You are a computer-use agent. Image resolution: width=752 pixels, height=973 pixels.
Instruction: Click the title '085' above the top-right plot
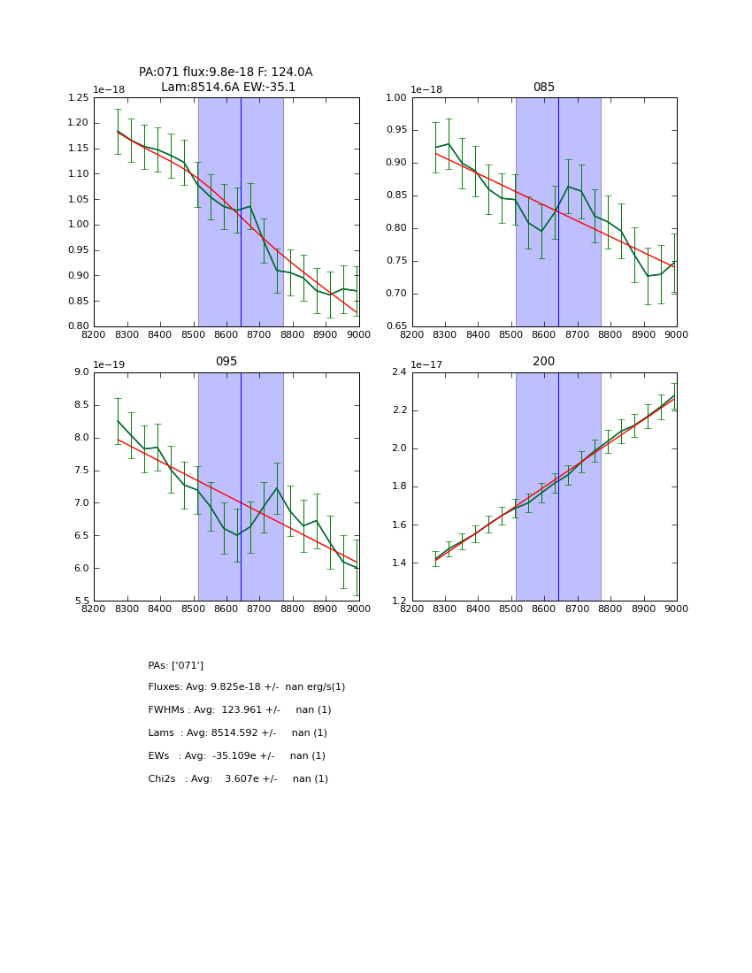pyautogui.click(x=543, y=88)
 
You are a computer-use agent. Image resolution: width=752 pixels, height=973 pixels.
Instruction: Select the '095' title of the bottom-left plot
pyautogui.click(x=226, y=362)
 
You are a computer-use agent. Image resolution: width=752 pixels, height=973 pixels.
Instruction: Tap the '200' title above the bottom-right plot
pyautogui.click(x=543, y=362)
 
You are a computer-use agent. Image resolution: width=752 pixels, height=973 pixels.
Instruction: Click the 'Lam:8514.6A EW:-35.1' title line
pyautogui.click(x=228, y=88)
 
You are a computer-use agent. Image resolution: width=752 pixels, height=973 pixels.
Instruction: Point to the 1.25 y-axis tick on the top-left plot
pyautogui.click(x=79, y=98)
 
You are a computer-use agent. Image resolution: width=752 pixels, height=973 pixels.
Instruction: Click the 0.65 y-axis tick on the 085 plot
pyautogui.click(x=396, y=326)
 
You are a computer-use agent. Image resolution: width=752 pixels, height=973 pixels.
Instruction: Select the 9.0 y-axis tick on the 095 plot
pyautogui.click(x=82, y=372)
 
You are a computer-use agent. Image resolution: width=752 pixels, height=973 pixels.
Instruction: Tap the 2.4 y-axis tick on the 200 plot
pyautogui.click(x=400, y=372)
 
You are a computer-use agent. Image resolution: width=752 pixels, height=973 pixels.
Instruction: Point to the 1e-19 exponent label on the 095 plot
pyautogui.click(x=109, y=364)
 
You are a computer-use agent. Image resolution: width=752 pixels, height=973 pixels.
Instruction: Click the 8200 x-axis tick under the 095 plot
pyautogui.click(x=94, y=609)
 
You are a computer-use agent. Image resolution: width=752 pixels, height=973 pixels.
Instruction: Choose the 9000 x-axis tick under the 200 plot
pyautogui.click(x=677, y=609)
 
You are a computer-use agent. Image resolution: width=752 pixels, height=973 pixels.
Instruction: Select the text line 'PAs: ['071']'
pyautogui.click(x=176, y=666)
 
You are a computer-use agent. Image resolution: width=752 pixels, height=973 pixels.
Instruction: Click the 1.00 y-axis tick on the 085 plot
pyautogui.click(x=396, y=98)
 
